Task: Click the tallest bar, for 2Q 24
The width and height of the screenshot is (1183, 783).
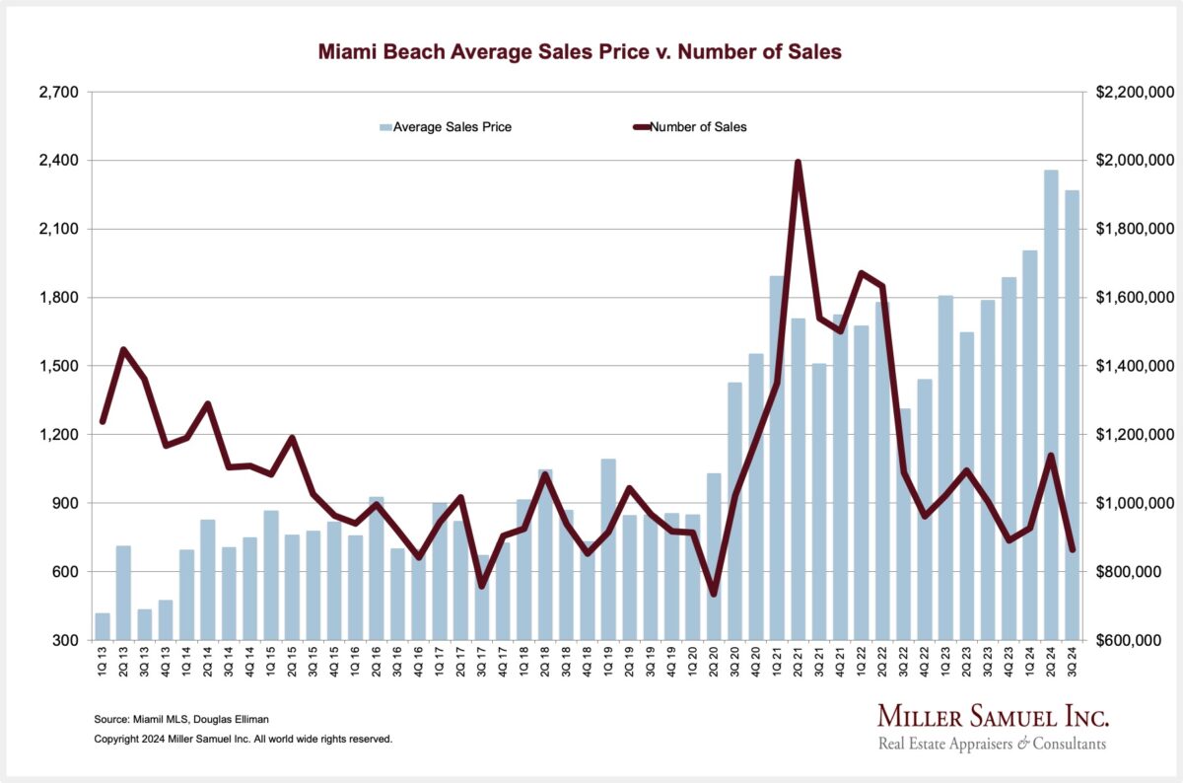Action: tap(1051, 404)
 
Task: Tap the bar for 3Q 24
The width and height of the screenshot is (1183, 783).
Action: tap(1072, 414)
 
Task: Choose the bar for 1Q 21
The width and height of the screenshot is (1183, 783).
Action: tap(777, 458)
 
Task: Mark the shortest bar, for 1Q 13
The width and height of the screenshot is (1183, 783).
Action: tap(103, 626)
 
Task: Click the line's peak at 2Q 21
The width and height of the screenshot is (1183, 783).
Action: tap(798, 162)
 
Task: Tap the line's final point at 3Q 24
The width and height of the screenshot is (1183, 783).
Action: tap(1073, 549)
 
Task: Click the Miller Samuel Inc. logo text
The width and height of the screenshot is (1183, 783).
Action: tap(992, 716)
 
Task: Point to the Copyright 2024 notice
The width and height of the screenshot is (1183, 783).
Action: tap(243, 739)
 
